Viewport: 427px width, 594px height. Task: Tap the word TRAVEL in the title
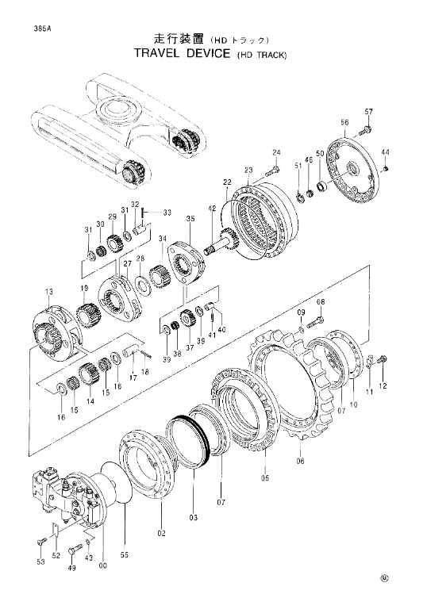(x=156, y=53)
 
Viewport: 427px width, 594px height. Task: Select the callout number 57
(x=368, y=112)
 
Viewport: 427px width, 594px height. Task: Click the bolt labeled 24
(x=272, y=171)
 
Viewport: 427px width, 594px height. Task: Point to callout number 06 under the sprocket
(x=300, y=461)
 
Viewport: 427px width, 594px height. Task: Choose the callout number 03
(x=194, y=517)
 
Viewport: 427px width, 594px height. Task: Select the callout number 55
(x=125, y=554)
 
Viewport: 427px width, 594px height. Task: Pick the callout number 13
(x=49, y=292)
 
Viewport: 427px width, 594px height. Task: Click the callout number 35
(x=190, y=219)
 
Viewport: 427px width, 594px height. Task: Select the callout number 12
(x=383, y=386)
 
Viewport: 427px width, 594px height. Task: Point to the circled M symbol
(x=385, y=578)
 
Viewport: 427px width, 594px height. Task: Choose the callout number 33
(x=167, y=213)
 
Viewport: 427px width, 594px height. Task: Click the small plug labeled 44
(x=387, y=169)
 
